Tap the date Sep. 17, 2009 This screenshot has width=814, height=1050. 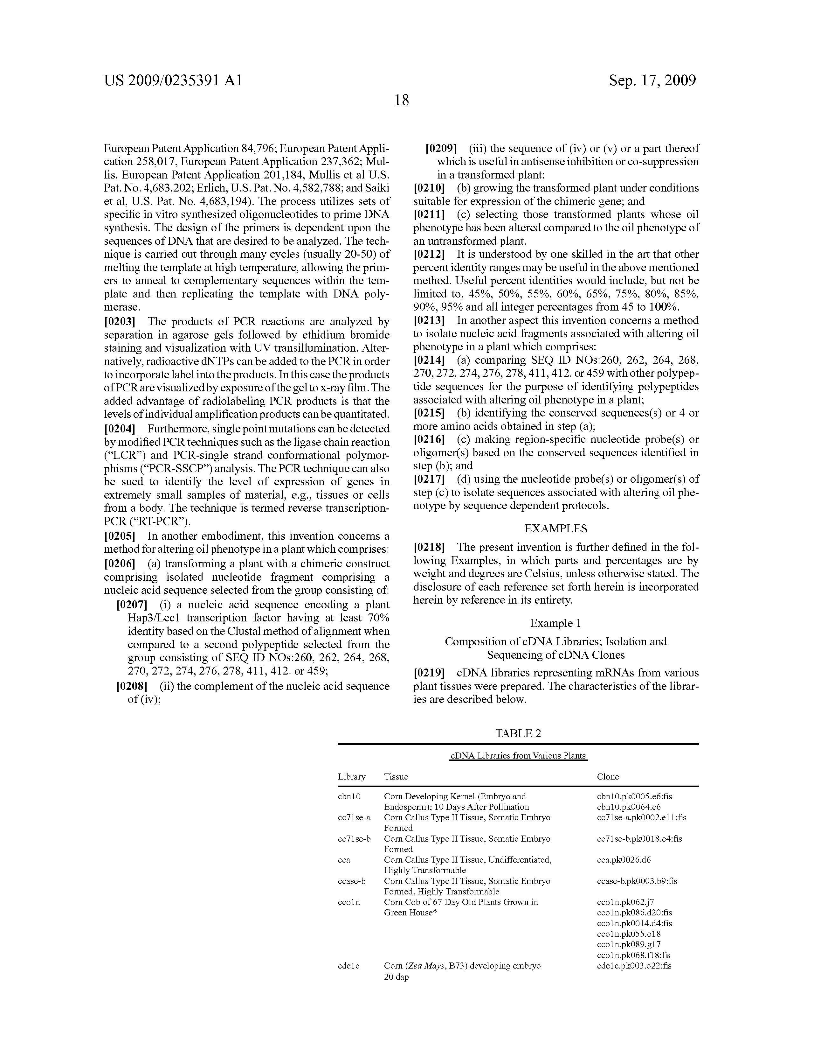652,80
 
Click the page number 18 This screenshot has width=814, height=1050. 401,101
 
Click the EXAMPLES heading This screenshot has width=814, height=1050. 555,529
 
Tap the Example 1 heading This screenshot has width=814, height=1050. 555,624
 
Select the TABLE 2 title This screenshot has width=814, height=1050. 518,734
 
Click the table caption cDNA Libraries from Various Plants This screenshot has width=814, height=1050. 518,756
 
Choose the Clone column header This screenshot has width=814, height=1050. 608,777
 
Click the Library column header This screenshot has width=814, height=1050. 352,777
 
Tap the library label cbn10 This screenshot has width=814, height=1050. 349,797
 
